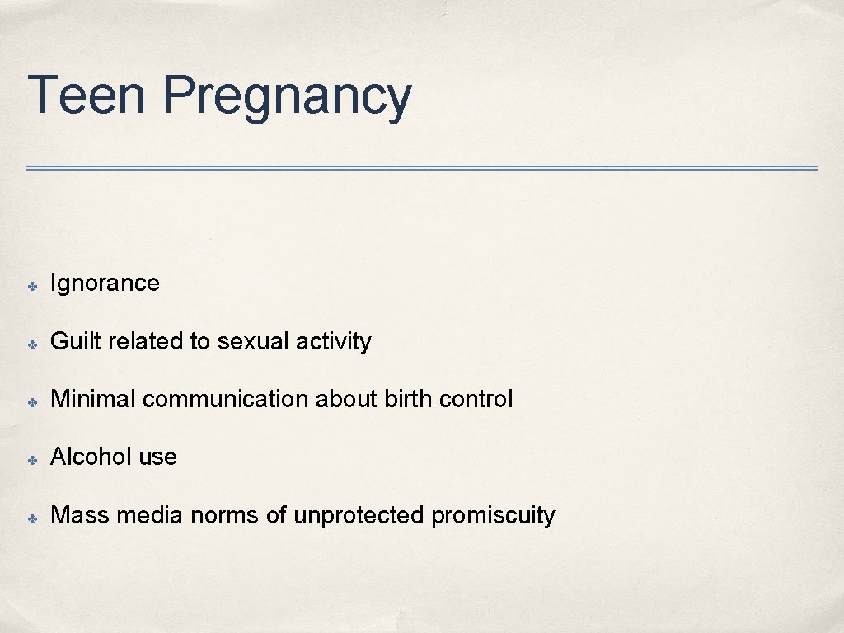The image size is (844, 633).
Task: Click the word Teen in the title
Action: point(87,95)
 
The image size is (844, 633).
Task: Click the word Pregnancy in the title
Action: point(286,97)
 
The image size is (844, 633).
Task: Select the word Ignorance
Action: point(105,284)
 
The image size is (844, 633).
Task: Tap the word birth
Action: point(408,399)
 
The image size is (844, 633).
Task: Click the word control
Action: point(476,399)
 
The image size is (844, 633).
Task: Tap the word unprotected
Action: point(359,515)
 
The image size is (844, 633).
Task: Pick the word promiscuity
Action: point(493,516)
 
